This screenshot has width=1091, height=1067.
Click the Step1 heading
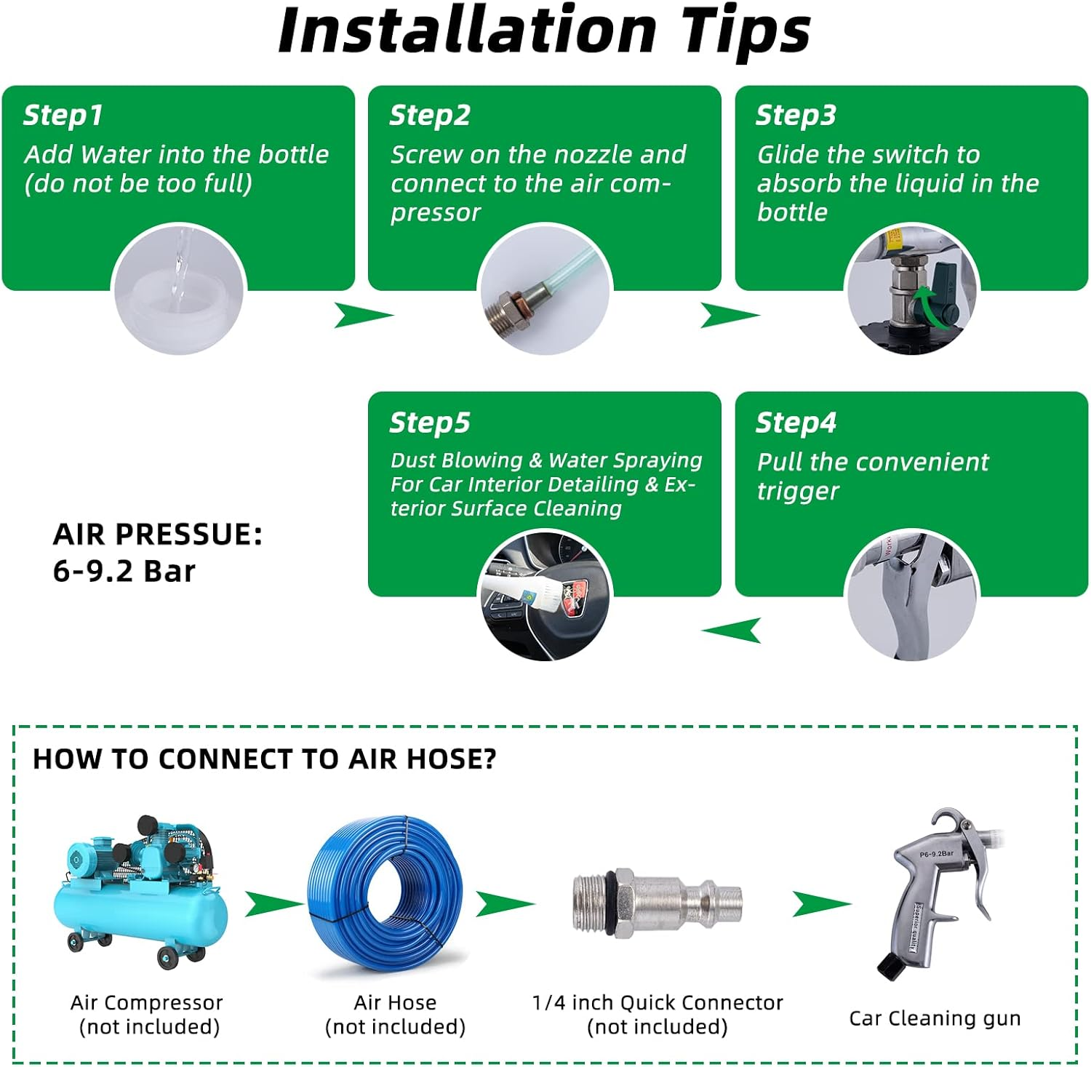pos(63,115)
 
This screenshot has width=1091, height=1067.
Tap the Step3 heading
pos(796,115)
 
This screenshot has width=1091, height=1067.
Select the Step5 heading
pos(430,423)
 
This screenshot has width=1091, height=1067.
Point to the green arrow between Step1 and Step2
pos(363,316)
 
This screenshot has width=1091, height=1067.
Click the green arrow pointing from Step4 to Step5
pos(731,630)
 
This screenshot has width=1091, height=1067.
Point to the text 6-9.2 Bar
pos(124,572)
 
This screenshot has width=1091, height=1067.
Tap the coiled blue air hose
pos(385,895)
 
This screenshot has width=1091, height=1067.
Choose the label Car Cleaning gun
pos(935,1018)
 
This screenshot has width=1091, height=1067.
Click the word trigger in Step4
pos(798,492)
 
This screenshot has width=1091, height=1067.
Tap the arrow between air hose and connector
pos(505,904)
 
